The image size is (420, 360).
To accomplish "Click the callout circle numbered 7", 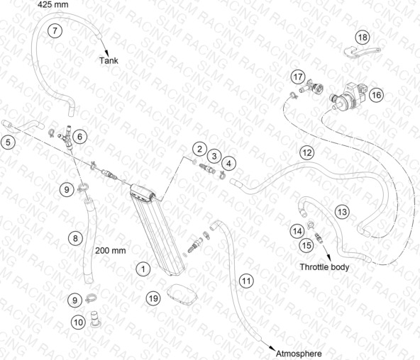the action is [x=55, y=30].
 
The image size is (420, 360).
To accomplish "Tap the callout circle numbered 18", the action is [x=363, y=37].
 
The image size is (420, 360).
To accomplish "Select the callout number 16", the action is [x=376, y=95].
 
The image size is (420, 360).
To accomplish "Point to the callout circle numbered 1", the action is [x=143, y=269].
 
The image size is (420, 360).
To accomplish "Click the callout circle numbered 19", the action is [x=153, y=298].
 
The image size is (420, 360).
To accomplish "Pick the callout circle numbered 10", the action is [x=78, y=322].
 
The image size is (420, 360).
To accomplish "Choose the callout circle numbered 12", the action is [x=307, y=153].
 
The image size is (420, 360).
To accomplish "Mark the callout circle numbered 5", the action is [x=8, y=142].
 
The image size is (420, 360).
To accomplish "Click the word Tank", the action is [x=109, y=60].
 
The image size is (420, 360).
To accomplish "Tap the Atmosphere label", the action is [x=299, y=354].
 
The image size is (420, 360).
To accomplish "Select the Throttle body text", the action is [x=324, y=267].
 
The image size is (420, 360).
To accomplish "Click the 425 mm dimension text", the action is [x=52, y=4].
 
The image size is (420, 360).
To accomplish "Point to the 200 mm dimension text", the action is [x=111, y=251].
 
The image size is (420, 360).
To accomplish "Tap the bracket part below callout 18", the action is [x=362, y=52].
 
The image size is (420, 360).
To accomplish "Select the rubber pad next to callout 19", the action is [x=182, y=294].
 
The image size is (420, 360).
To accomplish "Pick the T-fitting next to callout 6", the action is [x=67, y=137].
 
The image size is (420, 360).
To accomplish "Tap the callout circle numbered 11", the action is [x=246, y=281].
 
